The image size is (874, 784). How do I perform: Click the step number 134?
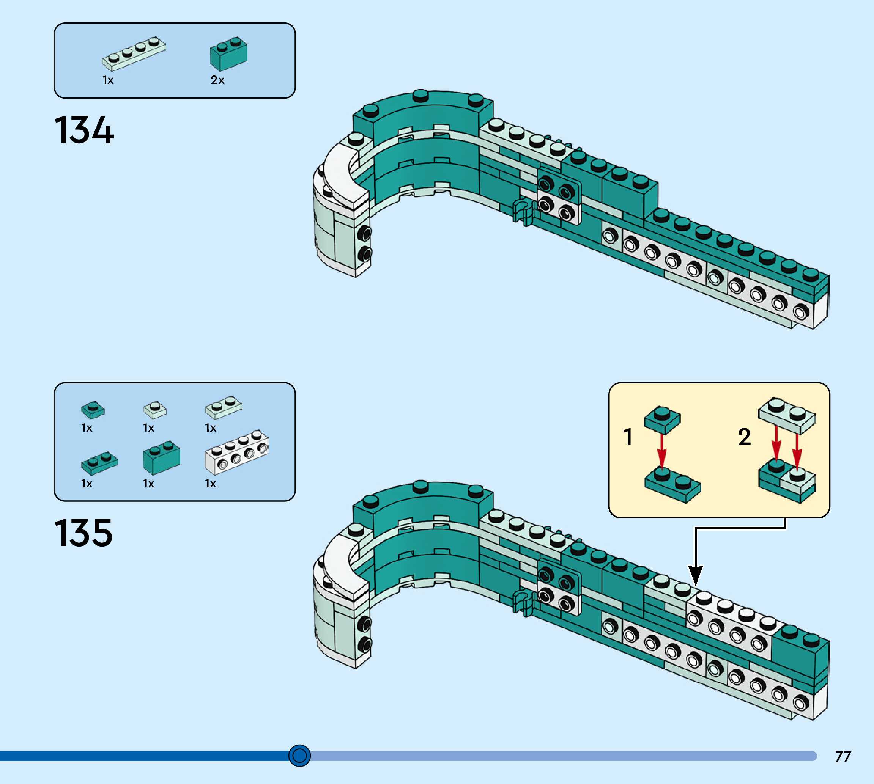(84, 130)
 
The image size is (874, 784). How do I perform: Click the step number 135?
(83, 533)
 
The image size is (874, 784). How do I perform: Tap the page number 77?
(843, 756)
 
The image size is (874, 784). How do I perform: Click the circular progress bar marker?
(299, 755)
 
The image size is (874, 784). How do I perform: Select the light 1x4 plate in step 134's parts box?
(134, 53)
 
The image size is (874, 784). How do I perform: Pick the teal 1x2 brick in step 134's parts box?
(228, 54)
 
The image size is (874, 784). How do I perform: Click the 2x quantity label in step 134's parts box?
(217, 80)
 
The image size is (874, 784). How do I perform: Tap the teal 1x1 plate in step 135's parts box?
(92, 410)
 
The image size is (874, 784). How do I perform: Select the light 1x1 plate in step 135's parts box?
(155, 410)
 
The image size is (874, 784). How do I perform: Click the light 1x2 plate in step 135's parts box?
(223, 407)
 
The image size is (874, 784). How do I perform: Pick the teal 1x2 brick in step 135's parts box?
(161, 457)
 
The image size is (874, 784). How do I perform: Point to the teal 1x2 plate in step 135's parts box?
(99, 463)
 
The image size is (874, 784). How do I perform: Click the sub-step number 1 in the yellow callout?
(628, 437)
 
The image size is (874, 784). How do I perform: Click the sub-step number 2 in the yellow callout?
(744, 437)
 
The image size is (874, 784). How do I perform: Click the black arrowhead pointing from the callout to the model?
(696, 575)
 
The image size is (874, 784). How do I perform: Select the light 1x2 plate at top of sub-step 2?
(786, 415)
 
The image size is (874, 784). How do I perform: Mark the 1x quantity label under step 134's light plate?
(108, 80)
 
